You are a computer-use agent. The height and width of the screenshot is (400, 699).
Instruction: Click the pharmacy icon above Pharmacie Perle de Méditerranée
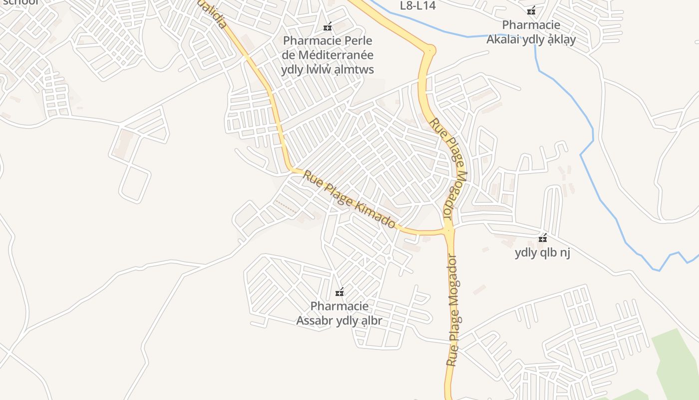(x=328, y=27)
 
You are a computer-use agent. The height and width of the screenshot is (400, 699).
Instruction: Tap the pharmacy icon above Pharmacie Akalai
(x=531, y=11)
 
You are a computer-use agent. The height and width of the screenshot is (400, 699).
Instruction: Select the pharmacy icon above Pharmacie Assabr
(x=340, y=292)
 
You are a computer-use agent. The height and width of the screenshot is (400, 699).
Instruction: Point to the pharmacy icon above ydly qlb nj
(x=543, y=239)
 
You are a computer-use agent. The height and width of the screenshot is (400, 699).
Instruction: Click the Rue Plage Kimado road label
(x=349, y=199)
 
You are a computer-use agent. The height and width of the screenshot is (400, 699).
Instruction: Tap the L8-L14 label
(x=418, y=6)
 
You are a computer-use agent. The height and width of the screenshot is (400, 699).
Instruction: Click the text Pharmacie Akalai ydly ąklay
(x=531, y=32)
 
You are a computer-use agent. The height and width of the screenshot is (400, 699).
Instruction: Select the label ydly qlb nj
(x=542, y=252)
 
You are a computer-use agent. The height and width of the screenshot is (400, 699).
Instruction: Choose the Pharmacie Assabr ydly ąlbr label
(x=340, y=313)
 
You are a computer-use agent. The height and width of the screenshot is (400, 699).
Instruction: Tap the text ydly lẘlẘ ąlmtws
(x=328, y=69)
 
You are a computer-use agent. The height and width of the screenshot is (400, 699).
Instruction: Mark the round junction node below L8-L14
(x=429, y=50)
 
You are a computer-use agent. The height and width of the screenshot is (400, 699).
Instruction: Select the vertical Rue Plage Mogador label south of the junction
(x=453, y=310)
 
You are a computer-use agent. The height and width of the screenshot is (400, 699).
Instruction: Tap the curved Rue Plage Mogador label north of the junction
(x=451, y=170)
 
